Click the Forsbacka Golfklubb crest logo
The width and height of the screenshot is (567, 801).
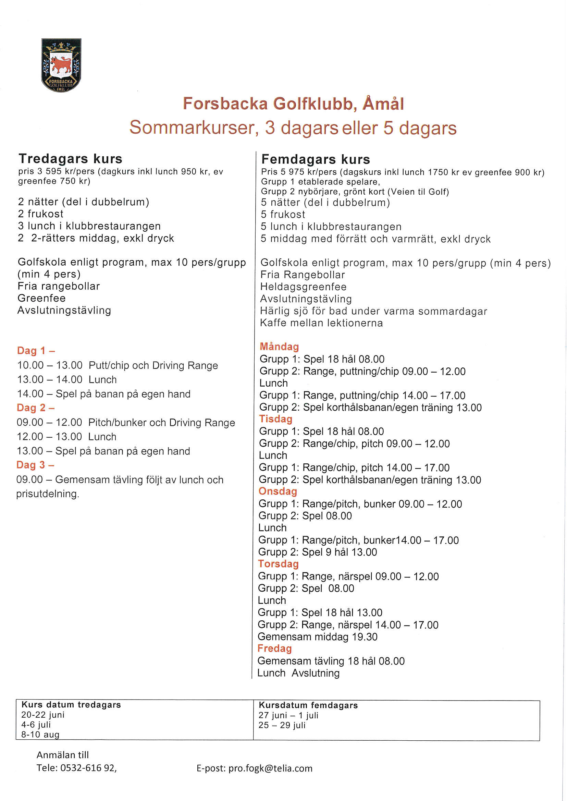click(x=61, y=65)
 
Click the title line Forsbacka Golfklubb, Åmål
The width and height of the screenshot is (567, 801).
click(x=293, y=104)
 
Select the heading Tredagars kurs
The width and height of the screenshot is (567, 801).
click(x=70, y=159)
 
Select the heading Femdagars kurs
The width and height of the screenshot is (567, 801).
click(x=316, y=160)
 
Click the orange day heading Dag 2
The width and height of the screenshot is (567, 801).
click(x=35, y=408)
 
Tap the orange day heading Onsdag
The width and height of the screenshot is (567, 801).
click(x=278, y=491)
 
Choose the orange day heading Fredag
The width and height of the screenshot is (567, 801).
click(x=274, y=648)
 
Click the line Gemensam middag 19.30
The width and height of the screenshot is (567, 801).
click(x=317, y=636)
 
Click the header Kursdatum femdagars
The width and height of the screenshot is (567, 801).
click(x=308, y=705)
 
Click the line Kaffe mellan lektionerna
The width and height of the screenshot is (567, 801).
click(x=321, y=323)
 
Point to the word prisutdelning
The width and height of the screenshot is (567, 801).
click(x=48, y=494)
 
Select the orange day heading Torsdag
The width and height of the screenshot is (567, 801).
click(x=278, y=564)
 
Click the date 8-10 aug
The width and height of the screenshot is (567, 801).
click(x=40, y=734)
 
